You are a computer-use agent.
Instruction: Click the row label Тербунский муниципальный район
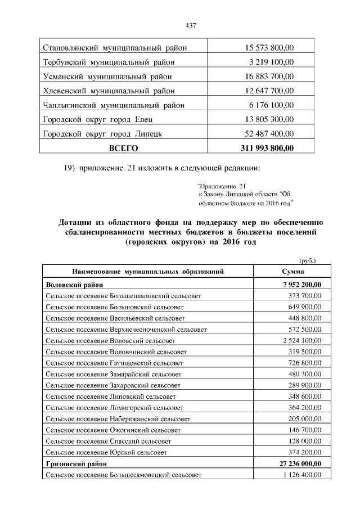tap(109, 62)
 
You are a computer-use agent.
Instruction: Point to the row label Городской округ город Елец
tap(98, 119)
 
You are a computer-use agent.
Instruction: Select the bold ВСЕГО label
tap(123, 148)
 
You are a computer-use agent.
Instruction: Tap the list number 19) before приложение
tap(67, 168)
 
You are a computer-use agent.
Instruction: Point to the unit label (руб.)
tap(307, 260)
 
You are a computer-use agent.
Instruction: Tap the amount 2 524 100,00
tap(300, 341)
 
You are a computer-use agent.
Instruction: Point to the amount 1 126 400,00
tap(300, 475)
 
